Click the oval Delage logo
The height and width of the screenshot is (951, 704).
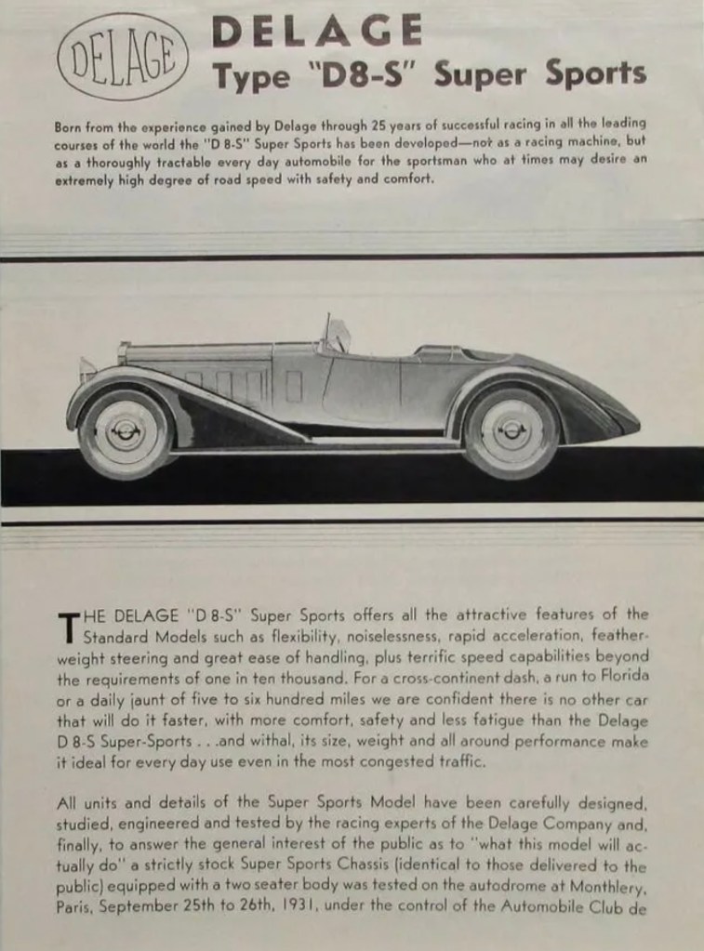click(x=123, y=56)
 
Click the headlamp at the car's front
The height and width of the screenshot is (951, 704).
click(x=87, y=369)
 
